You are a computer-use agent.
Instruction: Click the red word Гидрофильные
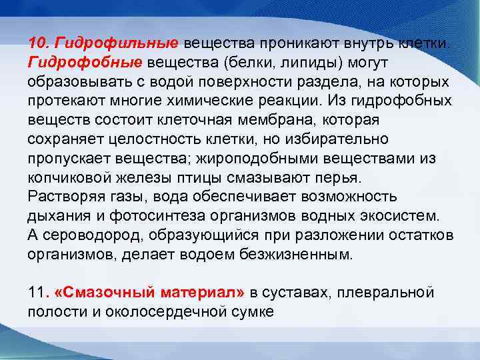(117, 43)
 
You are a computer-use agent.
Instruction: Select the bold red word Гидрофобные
(85, 63)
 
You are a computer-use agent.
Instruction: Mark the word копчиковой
(70, 178)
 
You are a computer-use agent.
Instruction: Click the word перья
(342, 178)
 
